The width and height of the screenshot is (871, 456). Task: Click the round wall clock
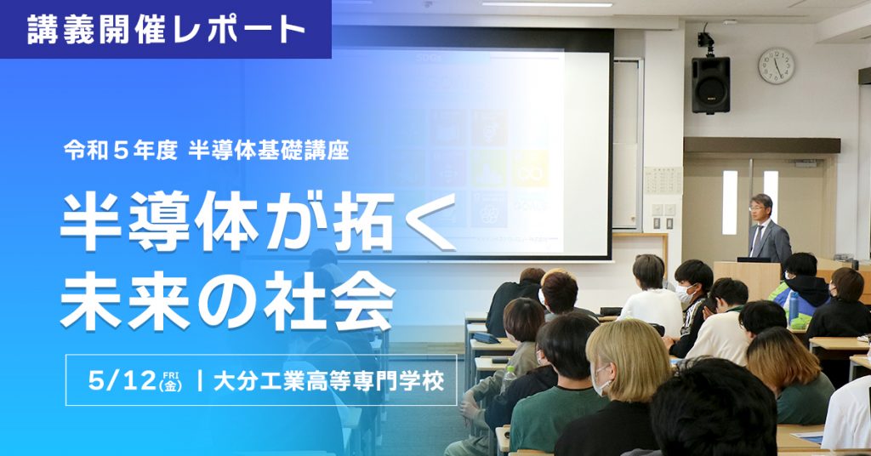(x=776, y=66)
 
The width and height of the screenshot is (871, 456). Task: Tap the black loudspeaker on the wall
(x=710, y=85)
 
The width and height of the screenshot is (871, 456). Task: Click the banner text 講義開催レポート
(x=166, y=30)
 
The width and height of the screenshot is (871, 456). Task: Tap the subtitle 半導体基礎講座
(x=269, y=151)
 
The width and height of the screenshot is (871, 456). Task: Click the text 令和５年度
(x=120, y=151)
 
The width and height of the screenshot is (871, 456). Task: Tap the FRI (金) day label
(x=171, y=379)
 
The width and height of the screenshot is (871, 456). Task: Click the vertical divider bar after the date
(x=199, y=379)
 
